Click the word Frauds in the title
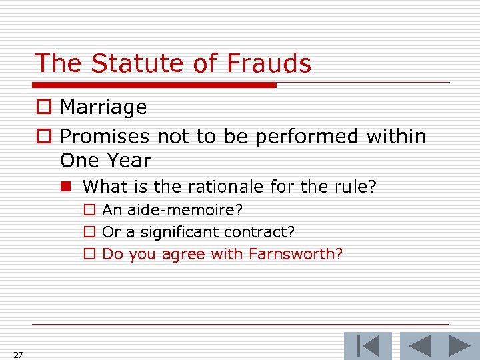pyautogui.click(x=269, y=63)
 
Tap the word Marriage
pyautogui.click(x=103, y=107)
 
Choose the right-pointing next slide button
pyautogui.click(x=460, y=346)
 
